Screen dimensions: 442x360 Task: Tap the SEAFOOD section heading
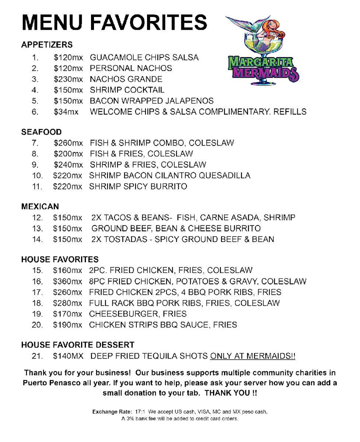point(41,132)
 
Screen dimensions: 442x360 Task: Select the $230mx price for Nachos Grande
point(68,79)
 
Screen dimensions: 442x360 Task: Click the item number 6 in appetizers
point(35,112)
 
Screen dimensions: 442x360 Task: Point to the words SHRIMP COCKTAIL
point(127,90)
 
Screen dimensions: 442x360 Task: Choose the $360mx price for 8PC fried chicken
point(68,282)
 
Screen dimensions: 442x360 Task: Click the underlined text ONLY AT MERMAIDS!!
point(252,356)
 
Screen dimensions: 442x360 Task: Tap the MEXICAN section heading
point(40,207)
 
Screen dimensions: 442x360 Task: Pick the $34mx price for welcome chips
point(66,112)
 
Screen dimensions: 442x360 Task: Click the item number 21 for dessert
point(38,356)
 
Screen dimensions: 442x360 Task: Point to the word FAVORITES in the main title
point(149,23)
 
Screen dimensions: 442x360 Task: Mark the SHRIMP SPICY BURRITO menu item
point(138,186)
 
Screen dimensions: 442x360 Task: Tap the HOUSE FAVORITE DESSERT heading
point(78,345)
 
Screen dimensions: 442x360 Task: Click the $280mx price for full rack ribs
point(68,303)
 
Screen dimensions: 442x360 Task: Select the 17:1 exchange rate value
point(140,411)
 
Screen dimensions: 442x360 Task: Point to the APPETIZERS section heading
point(47,45)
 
